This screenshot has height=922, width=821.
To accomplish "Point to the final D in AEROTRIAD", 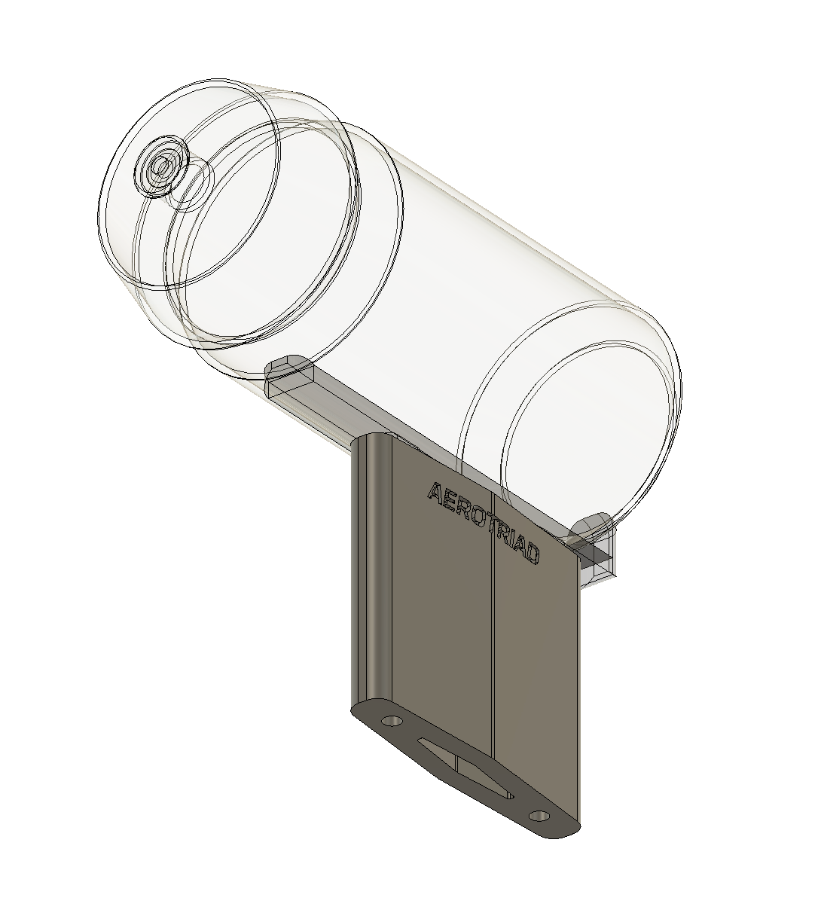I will pyautogui.click(x=532, y=554).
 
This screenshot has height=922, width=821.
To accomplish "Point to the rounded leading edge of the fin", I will pyautogui.click(x=374, y=565).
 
